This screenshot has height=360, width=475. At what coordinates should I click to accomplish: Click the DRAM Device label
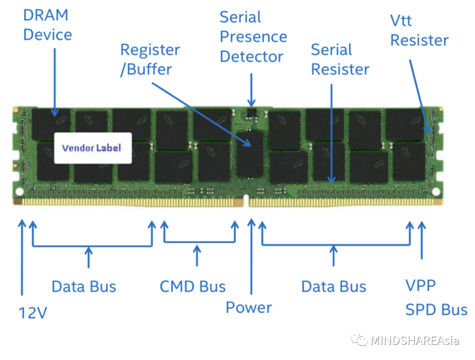[x=47, y=25]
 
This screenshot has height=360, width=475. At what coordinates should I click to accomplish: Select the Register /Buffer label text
[x=150, y=59]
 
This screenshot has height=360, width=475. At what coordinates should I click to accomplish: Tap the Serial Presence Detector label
[x=253, y=37]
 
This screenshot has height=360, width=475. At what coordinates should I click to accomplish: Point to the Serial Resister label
[x=340, y=59]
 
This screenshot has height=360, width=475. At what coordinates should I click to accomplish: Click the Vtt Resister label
[x=419, y=31]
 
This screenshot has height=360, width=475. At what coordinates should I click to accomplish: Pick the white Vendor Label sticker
[x=93, y=148]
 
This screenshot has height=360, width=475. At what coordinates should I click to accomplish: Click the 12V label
[x=33, y=313]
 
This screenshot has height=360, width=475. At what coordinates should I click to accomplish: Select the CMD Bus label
[x=193, y=287]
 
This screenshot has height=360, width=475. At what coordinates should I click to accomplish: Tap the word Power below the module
[x=248, y=308]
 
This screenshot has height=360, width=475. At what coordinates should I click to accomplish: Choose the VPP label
[x=420, y=285]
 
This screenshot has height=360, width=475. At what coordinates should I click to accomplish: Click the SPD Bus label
[x=436, y=310]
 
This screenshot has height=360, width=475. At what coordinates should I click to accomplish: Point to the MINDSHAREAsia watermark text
[x=415, y=341]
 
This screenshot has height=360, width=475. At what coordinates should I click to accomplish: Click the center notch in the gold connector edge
[x=246, y=201]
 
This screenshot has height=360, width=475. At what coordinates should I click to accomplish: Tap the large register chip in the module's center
[x=250, y=154]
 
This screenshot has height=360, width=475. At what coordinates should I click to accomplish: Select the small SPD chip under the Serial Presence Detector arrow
[x=251, y=113]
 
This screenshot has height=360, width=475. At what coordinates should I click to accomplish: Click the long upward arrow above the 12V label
[x=22, y=257]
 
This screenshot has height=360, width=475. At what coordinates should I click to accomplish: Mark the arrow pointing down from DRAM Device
[x=55, y=82]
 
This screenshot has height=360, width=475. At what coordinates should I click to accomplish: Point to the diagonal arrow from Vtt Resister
[x=420, y=96]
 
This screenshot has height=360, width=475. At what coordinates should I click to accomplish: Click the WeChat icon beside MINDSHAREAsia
[x=359, y=340]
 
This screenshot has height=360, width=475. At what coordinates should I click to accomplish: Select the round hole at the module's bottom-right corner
[x=436, y=191]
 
